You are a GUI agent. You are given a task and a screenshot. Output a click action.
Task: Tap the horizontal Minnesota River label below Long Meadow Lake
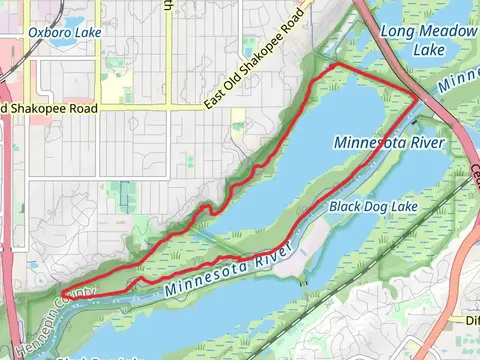(390, 142)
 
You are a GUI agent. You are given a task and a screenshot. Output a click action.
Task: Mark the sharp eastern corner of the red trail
(419, 99)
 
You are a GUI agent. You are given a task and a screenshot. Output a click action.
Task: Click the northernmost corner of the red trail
(335, 65)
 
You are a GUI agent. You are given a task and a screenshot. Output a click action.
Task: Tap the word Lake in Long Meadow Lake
(429, 49)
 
